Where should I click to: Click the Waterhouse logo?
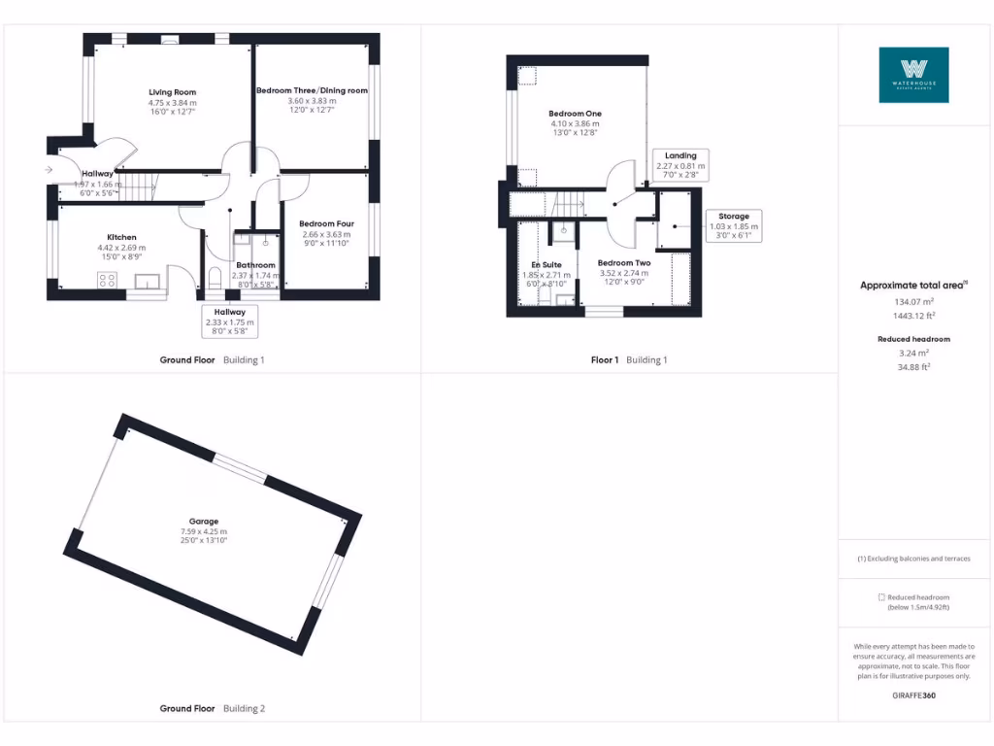[913, 75]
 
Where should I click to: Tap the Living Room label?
[172, 92]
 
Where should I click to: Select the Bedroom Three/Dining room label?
[312, 90]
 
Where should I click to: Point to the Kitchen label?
[121, 237]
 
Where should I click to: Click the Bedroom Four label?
[326, 223]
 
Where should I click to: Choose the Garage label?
[204, 522]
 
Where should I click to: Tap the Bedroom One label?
[575, 114]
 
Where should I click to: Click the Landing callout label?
[680, 155]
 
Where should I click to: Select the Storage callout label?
[733, 216]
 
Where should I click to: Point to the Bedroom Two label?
[623, 263]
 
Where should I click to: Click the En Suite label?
[546, 264]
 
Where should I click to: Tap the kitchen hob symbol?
[108, 280]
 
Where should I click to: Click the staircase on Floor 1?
[568, 205]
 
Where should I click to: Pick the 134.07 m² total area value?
[913, 302]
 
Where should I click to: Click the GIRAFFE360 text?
[913, 695]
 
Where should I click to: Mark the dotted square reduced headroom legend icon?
[881, 597]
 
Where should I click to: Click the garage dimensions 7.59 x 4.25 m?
[204, 531]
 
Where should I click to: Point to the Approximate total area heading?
[913, 286]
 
